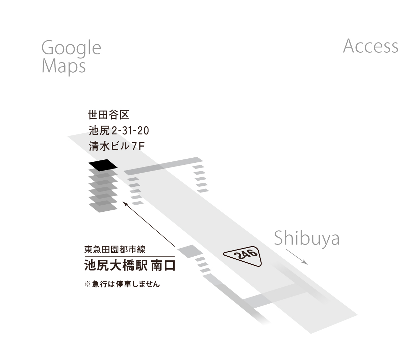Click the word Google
click(71, 49)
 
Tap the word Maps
click(64, 67)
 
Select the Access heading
click(371, 46)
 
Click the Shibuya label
click(307, 239)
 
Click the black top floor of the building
click(103, 165)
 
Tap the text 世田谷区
click(108, 115)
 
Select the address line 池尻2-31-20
click(119, 131)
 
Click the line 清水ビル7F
click(117, 146)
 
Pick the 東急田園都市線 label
click(115, 250)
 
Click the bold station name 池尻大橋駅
click(116, 265)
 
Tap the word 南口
click(163, 265)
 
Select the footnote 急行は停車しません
click(126, 284)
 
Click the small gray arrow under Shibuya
click(297, 257)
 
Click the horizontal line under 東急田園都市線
click(129, 257)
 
